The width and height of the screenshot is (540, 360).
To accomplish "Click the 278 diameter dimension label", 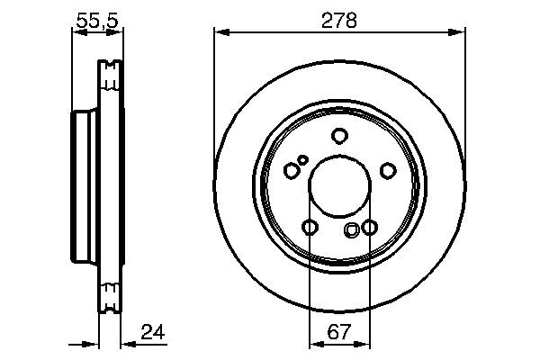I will (339, 18).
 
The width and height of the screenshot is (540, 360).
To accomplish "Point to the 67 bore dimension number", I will (339, 332).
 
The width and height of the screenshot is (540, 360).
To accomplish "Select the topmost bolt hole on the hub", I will (339, 136).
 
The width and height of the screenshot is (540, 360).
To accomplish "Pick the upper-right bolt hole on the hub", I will (388, 170).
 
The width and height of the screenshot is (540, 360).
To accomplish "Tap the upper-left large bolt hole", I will (291, 170).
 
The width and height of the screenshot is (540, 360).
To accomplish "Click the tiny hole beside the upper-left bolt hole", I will (303, 160).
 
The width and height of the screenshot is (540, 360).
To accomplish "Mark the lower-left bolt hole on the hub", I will (310, 228).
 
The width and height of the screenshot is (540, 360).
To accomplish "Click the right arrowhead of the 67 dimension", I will (364, 343).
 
